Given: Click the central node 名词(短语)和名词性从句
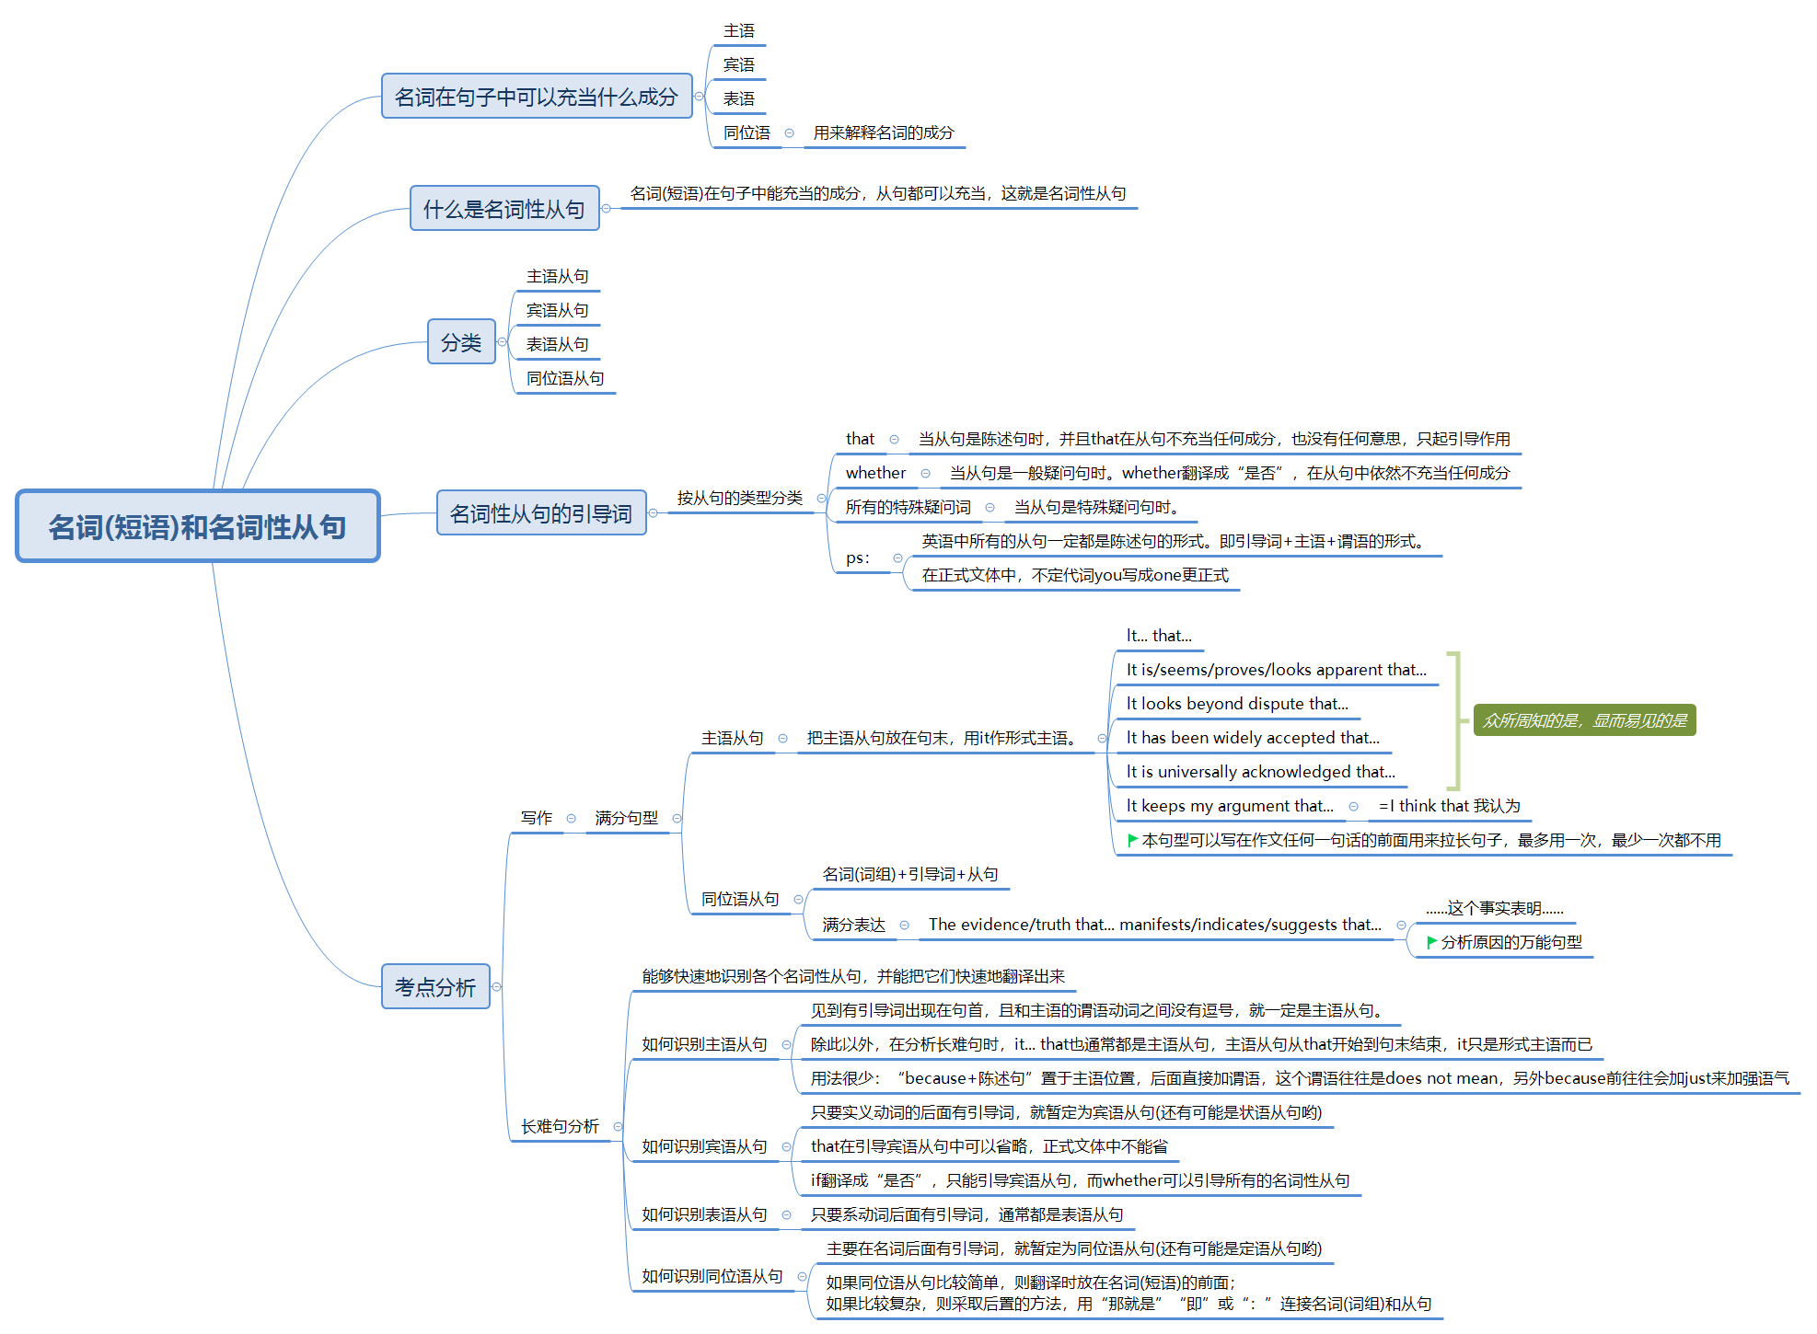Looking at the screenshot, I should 198,526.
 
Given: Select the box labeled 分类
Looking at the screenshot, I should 461,342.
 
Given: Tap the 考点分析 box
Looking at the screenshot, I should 435,987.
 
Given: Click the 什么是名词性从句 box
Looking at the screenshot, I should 504,209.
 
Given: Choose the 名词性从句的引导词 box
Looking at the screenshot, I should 541,513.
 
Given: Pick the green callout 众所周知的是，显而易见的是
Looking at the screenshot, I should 1584,720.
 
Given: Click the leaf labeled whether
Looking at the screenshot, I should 875,473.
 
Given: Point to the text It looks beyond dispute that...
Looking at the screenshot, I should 1236,704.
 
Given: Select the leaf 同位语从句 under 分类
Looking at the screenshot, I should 565,378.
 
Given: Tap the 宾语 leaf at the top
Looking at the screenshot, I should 738,64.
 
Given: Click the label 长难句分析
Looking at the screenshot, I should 560,1126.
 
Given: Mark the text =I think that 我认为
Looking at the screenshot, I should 1449,806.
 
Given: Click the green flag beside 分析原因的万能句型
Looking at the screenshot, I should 1431,942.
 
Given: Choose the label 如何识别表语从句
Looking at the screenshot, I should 704,1214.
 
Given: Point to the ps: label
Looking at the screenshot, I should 857,558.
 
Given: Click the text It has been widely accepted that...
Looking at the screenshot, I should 1252,738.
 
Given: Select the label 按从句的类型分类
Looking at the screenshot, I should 740,498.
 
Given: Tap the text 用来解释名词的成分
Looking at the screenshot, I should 883,132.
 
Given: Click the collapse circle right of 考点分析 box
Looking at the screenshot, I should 497,987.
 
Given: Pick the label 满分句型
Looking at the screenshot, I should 626,818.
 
